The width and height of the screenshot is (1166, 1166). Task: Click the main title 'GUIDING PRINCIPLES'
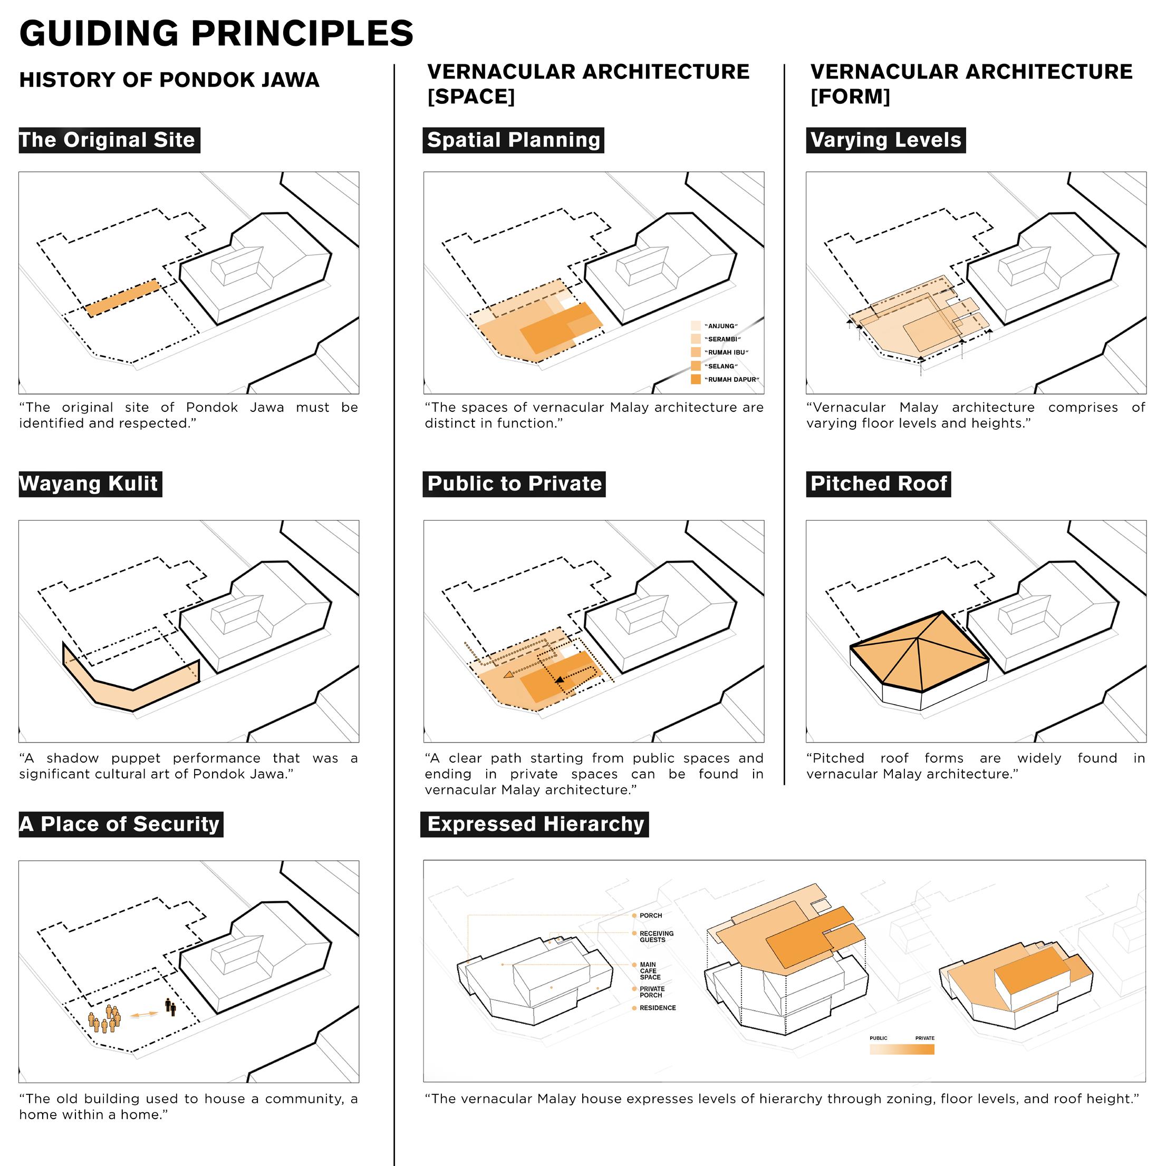[x=216, y=33]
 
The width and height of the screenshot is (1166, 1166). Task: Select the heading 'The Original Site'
[x=109, y=140]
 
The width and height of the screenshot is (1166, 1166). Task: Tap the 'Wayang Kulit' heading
[x=90, y=484]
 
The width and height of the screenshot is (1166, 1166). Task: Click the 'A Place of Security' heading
[x=121, y=824]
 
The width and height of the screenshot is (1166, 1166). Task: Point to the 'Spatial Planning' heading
[x=513, y=140]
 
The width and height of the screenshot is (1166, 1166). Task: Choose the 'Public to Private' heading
[x=514, y=484]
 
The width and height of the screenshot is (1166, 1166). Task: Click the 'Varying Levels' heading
[x=885, y=140]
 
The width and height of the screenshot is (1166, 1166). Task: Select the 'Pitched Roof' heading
[x=878, y=484]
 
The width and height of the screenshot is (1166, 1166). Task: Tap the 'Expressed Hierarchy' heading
[x=535, y=824]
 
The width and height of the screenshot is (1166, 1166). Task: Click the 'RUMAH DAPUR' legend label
[x=732, y=380]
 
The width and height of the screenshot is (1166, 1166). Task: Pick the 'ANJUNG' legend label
[x=722, y=326]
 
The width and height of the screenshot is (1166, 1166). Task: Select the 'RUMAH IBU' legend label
[x=727, y=352]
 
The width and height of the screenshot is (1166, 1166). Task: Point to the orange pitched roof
[x=919, y=652]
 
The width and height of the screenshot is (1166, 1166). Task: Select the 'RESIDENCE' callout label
[x=657, y=1008]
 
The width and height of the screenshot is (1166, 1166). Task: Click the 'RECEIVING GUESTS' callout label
[x=656, y=936]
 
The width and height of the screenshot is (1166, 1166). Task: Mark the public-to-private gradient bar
[x=902, y=1049]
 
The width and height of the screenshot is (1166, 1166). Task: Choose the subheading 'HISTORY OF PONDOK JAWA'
[x=169, y=80]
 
